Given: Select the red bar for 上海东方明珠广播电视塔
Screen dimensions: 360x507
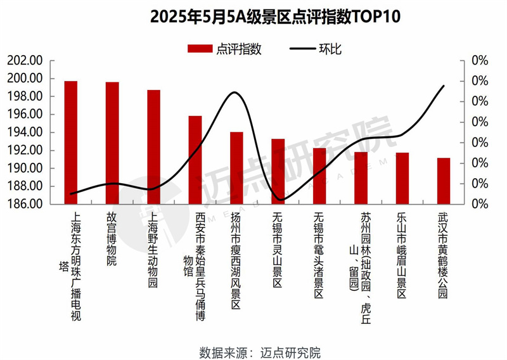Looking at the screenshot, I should coord(71,143).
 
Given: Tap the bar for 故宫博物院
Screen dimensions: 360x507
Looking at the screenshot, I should coord(112,143).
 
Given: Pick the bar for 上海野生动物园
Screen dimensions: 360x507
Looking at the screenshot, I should coord(154,147).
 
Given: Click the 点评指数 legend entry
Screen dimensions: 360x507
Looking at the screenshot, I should coord(225,49).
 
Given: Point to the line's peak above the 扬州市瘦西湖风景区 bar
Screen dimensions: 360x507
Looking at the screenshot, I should coord(235,93).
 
